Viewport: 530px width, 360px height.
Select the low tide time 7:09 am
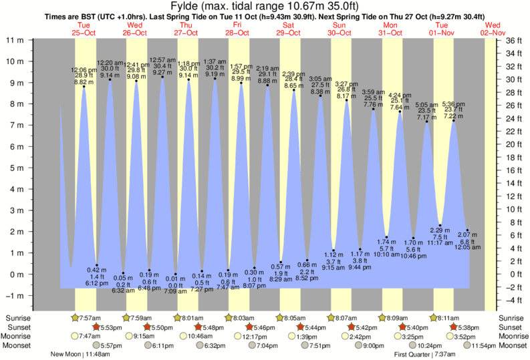(175, 291)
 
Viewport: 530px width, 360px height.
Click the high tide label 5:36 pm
(454, 104)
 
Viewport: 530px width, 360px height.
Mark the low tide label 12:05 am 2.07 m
(467, 241)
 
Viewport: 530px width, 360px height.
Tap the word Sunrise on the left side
(19, 317)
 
